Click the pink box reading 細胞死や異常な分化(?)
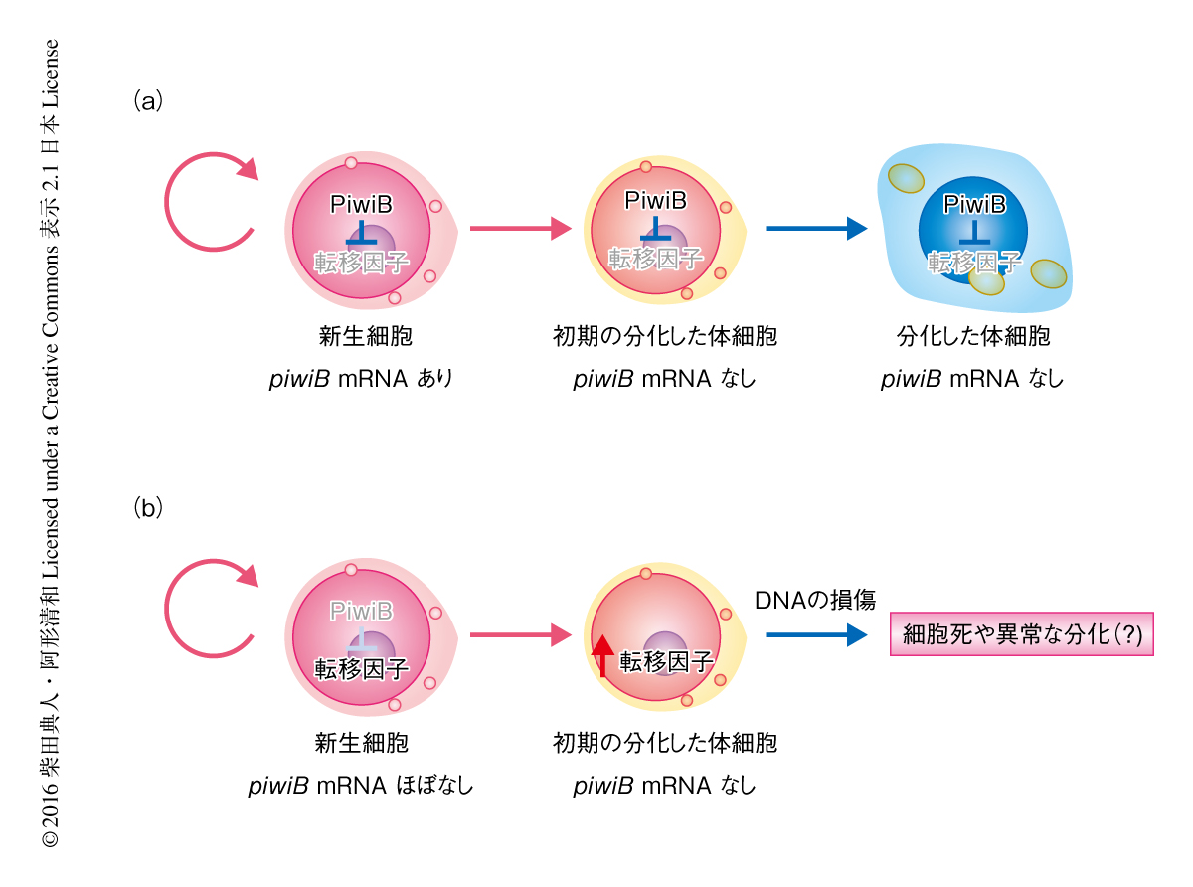click(1021, 634)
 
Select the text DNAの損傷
click(815, 600)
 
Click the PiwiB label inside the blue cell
click(974, 205)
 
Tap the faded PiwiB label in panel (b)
click(360, 610)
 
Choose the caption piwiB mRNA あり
click(360, 379)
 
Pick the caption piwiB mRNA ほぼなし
click(360, 786)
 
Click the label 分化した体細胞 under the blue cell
click(973, 336)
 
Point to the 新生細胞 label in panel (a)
click(361, 336)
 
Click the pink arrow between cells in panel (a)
click(520, 229)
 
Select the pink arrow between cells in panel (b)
click(520, 634)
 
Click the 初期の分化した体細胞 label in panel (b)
click(664, 743)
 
